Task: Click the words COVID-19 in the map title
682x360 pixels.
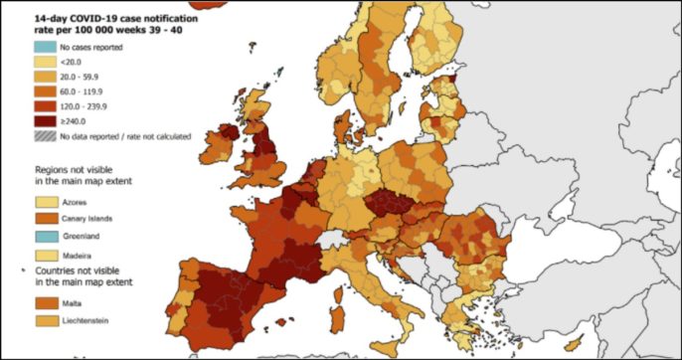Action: tap(102, 18)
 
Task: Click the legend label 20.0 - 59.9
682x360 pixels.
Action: tap(79, 77)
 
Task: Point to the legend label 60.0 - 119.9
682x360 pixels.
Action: tap(82, 91)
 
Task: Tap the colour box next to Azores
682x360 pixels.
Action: tap(46, 201)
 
